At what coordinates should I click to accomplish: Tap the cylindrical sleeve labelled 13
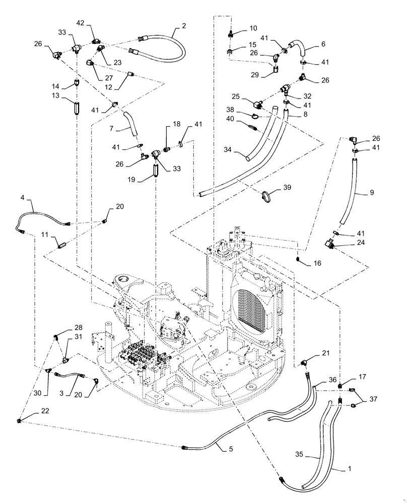76,109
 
